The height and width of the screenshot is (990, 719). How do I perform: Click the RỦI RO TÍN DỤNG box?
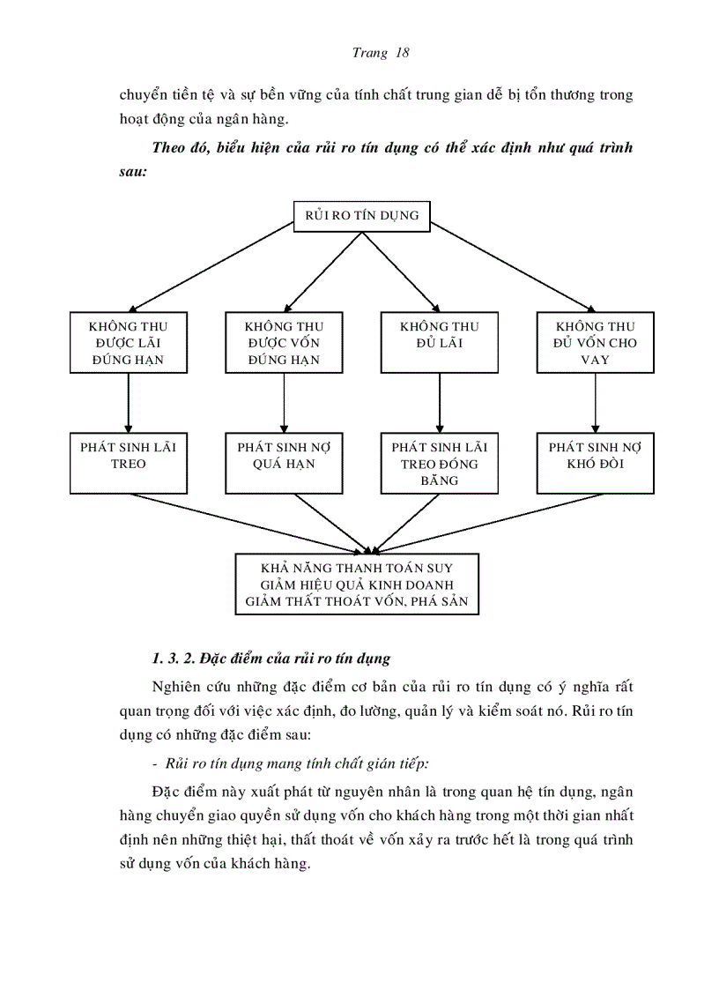[361, 215]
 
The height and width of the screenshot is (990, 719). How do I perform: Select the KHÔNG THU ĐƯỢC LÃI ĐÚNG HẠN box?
[129, 343]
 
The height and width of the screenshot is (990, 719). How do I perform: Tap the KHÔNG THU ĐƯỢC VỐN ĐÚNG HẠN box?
[284, 343]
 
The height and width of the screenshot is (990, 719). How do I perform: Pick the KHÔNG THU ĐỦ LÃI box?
[439, 343]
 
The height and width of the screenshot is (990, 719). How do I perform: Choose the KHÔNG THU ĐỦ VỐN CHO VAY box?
[596, 343]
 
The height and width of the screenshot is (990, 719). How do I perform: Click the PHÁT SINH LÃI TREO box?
[129, 463]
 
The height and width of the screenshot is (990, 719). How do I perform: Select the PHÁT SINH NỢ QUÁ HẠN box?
[284, 463]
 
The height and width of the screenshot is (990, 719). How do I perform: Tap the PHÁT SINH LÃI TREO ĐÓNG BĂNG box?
[439, 463]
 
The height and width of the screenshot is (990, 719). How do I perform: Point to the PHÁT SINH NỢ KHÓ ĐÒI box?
[596, 463]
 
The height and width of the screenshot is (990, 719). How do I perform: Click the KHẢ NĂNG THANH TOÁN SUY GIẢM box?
[357, 584]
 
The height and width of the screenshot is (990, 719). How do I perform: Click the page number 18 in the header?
[403, 53]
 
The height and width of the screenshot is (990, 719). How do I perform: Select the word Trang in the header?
[370, 53]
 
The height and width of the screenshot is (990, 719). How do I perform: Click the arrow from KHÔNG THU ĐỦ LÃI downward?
[439, 403]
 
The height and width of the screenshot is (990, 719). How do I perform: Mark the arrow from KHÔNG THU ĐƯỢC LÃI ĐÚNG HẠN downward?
[129, 403]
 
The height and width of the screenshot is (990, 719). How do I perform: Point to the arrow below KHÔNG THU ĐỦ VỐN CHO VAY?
[596, 403]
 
